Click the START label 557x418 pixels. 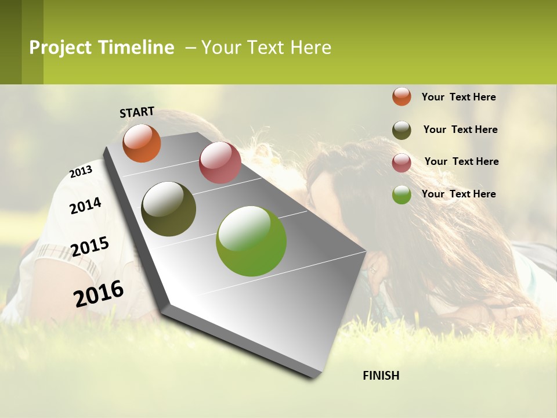point(137,112)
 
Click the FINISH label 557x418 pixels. point(381,376)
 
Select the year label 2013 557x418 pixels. point(81,172)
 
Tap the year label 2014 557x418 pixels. point(85,206)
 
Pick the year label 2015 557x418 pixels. point(90,247)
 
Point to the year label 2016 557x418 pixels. point(99,293)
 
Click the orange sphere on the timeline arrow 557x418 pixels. point(142,143)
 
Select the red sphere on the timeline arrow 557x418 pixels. point(220,163)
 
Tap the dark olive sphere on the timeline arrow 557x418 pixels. point(168,209)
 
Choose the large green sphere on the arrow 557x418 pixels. point(251,241)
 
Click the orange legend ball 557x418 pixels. point(402,96)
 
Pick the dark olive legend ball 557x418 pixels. point(402,130)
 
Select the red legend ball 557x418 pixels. point(402,163)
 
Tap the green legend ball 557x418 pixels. point(402,194)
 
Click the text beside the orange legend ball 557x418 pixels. point(458,97)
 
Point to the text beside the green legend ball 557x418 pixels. point(458,194)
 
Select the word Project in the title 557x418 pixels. point(60,48)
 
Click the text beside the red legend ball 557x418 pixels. point(461,161)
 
